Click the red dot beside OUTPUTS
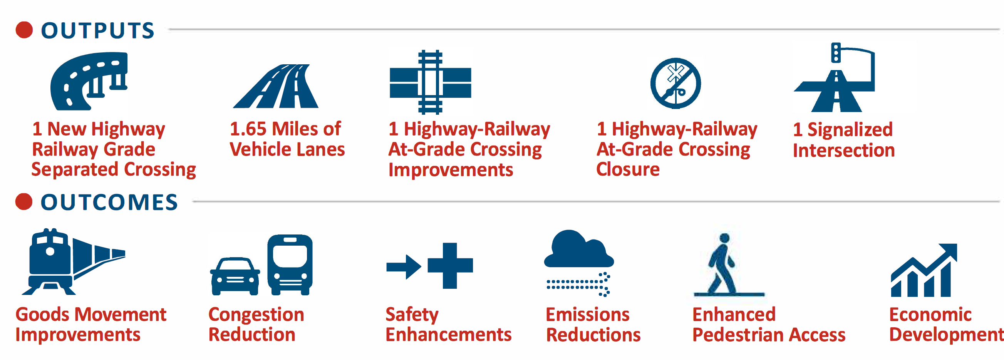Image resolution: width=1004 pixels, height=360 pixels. click(24, 30)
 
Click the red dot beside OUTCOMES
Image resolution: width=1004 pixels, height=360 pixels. click(24, 202)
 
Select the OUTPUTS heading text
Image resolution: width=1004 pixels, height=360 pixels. click(98, 30)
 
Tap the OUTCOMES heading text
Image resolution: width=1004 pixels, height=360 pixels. click(109, 202)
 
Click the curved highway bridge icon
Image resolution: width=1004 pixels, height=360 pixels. click(89, 81)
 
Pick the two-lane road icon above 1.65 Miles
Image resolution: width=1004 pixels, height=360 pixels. click(276, 86)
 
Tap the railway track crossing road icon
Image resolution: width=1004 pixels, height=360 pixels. click(430, 82)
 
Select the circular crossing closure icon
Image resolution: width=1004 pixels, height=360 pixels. click(675, 84)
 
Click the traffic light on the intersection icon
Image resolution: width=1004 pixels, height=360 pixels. click(836, 53)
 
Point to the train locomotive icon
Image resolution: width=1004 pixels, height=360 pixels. click(73, 261)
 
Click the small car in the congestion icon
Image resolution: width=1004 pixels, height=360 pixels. click(235, 276)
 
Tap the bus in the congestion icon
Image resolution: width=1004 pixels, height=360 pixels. click(290, 265)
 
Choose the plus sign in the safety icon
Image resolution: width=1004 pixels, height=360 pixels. click(450, 266)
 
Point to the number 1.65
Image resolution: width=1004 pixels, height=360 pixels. click(248, 129)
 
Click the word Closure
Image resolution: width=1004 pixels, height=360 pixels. click(628, 169)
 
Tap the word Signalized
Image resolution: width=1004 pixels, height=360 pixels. click(850, 130)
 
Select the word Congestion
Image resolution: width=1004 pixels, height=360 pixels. click(256, 315)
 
